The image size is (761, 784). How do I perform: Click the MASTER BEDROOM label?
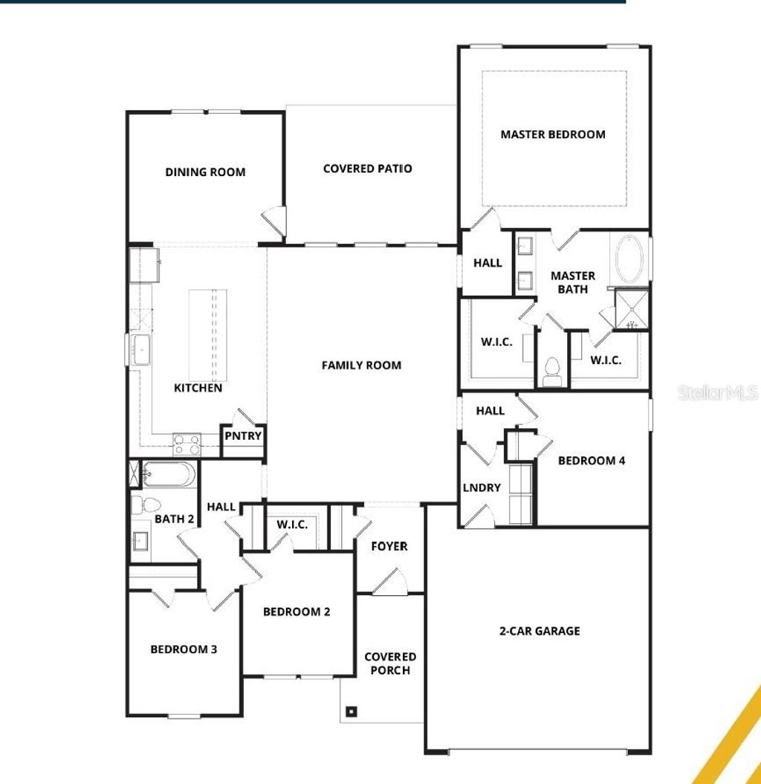tap(552, 135)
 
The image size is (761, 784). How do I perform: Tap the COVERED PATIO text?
tap(367, 169)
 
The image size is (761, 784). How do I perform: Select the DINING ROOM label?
tap(205, 172)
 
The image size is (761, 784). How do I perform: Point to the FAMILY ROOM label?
tap(361, 365)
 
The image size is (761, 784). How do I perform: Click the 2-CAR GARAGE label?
tap(540, 631)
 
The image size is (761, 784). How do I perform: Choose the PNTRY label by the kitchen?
tap(243, 435)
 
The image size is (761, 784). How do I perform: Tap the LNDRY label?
tap(482, 487)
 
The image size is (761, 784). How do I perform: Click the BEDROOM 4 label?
tap(592, 461)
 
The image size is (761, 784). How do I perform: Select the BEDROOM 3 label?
tap(184, 649)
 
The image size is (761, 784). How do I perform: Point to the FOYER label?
tap(389, 546)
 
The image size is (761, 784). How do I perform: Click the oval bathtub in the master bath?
tap(631, 260)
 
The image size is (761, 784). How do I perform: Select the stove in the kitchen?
tap(187, 444)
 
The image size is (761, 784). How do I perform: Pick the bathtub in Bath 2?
tap(169, 473)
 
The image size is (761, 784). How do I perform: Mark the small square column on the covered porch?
tap(352, 711)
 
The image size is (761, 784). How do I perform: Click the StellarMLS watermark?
tap(717, 392)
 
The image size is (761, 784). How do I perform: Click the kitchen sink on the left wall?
tap(140, 349)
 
